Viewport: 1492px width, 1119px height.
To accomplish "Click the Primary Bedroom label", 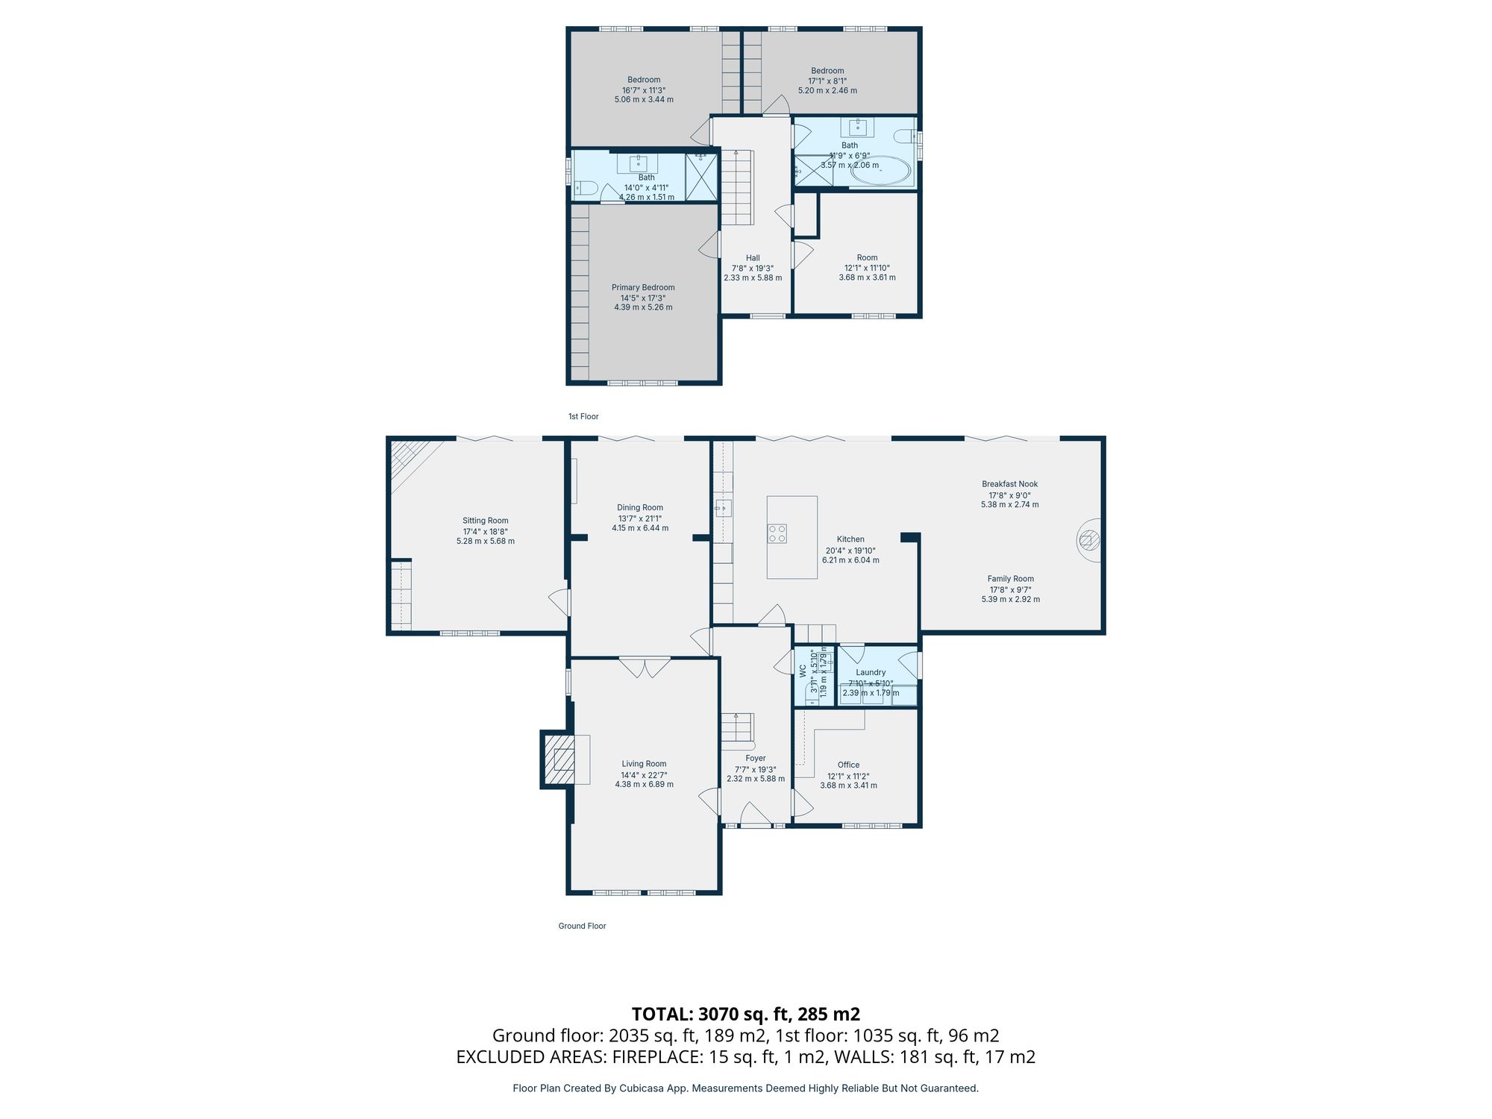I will pyautogui.click(x=643, y=288).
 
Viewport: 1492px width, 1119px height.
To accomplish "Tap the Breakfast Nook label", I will pyautogui.click(x=1009, y=484).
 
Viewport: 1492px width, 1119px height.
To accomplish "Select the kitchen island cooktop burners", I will pyautogui.click(x=777, y=533).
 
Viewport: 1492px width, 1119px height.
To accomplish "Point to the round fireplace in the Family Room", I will pyautogui.click(x=1088, y=541).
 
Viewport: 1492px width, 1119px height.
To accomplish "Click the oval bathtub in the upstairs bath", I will pyautogui.click(x=880, y=172).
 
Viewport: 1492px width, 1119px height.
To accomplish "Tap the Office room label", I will pyautogui.click(x=848, y=765).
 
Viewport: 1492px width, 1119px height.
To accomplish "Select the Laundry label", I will pyautogui.click(x=871, y=672).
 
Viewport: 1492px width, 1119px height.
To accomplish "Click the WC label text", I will pyautogui.click(x=803, y=671).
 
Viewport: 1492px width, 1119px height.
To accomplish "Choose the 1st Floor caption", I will pyautogui.click(x=583, y=416).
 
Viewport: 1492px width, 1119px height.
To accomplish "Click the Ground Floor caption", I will pyautogui.click(x=582, y=926).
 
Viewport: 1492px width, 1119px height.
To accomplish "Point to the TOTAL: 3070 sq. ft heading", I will pyautogui.click(x=745, y=1014).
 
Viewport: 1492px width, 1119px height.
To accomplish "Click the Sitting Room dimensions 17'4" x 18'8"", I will pyautogui.click(x=485, y=532).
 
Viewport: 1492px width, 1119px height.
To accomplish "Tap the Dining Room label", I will pyautogui.click(x=639, y=508).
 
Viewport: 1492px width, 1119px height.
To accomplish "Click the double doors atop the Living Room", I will pyautogui.click(x=645, y=667).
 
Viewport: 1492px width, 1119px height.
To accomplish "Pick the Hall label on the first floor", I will pyautogui.click(x=753, y=258).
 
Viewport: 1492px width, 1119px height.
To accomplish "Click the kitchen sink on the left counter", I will pyautogui.click(x=722, y=509).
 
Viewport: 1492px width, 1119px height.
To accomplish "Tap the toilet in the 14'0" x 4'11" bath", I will pyautogui.click(x=586, y=189).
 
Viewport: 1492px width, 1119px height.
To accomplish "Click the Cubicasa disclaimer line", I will pyautogui.click(x=745, y=1088).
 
